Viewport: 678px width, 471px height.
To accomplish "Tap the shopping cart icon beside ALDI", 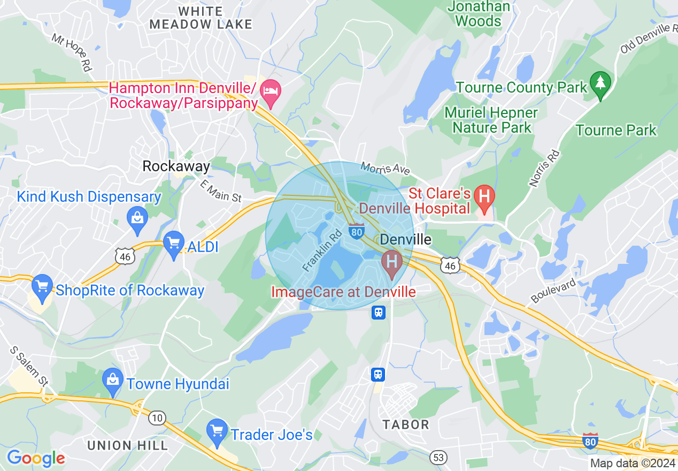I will (x=174, y=245).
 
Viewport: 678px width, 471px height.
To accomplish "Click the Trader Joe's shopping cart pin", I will (x=217, y=432).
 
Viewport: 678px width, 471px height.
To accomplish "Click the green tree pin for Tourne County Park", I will (x=600, y=84).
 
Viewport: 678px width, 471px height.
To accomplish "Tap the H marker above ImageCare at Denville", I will (x=392, y=263).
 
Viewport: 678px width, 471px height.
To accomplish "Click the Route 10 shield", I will (x=158, y=417).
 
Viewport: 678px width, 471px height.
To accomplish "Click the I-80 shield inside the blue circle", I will (x=357, y=231).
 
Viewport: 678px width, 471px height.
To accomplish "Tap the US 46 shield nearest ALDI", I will (x=124, y=256).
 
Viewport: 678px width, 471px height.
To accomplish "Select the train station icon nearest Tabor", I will (x=378, y=374).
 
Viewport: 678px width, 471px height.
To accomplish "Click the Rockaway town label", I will (x=176, y=166).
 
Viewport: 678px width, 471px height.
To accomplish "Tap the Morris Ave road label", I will (x=385, y=169).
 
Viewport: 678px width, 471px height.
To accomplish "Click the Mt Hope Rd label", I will (x=72, y=52).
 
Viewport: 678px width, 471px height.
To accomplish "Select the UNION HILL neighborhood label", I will (x=127, y=445).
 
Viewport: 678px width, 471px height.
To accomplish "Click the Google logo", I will (x=36, y=458).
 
